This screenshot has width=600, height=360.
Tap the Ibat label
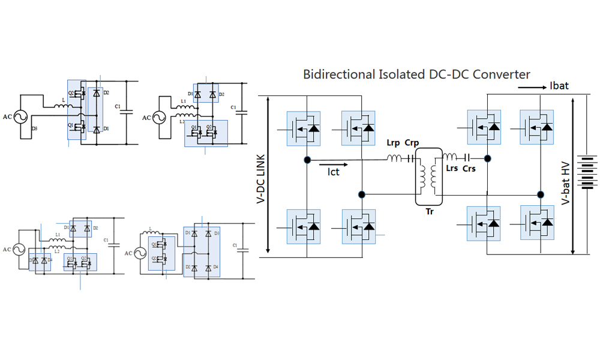point(559,86)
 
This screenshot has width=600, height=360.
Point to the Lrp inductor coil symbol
point(395,159)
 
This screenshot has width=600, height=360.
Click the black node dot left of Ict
point(307,160)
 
